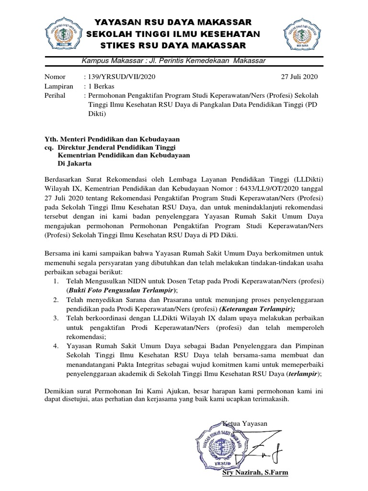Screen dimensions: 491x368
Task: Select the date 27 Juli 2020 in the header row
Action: pos(299,77)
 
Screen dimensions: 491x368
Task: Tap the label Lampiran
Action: pos(59,86)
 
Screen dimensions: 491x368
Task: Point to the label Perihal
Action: pos(56,95)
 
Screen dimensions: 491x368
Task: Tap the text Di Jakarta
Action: pos(74,164)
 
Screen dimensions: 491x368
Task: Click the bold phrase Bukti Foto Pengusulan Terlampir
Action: pos(121,290)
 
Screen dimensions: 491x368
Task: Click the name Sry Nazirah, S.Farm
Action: pos(255,473)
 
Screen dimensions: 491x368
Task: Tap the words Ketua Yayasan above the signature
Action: pos(245,423)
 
